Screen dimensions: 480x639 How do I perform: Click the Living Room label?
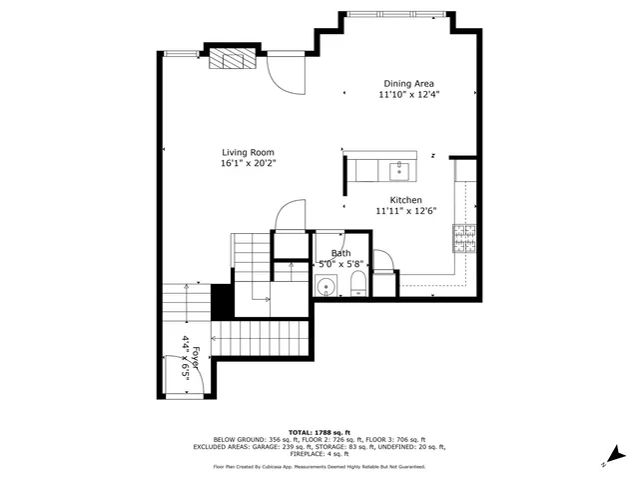248,152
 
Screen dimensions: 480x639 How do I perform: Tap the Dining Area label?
409,84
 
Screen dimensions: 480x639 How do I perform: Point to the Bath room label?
340,253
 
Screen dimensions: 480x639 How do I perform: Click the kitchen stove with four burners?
464,237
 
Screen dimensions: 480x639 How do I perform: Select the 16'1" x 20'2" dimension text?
248,163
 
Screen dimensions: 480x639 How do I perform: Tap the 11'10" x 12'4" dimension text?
409,95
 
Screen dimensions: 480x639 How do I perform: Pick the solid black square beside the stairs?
221,301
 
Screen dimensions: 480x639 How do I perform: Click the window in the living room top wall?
181,52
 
